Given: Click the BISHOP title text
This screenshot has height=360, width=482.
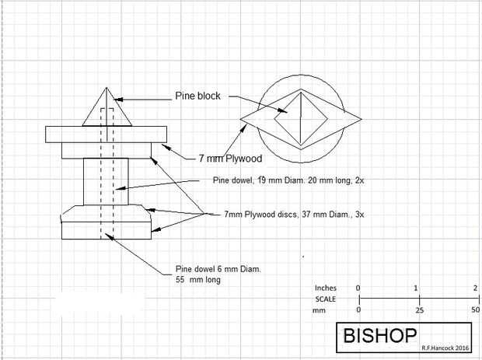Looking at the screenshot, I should [381, 336].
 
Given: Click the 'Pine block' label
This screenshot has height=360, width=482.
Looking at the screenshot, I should [197, 96].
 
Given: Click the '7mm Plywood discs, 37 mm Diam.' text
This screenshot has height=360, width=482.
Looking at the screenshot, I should [294, 214].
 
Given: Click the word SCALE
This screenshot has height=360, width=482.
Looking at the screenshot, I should [326, 299].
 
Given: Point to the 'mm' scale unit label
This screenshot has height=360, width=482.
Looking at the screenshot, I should [319, 309].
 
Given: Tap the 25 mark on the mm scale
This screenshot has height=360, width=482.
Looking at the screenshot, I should [418, 310].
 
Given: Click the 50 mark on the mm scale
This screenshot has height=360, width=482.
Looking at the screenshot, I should [475, 310].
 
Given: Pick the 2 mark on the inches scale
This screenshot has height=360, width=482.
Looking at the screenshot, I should [475, 288].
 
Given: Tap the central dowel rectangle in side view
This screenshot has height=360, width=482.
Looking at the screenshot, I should [102, 181].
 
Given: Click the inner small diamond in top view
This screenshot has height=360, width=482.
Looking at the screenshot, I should [300, 116].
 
